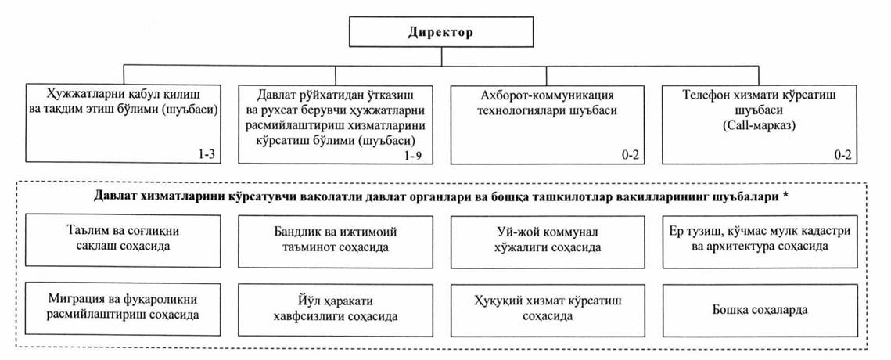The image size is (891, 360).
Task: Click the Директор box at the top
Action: (x=441, y=32)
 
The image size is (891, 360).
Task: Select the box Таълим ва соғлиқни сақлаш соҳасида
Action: (x=124, y=240)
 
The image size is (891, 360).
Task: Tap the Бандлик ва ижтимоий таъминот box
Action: (x=336, y=240)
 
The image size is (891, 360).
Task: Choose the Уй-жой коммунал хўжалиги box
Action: (x=548, y=240)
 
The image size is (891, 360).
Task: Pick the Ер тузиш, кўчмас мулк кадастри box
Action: (x=760, y=240)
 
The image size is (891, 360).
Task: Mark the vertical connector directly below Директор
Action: (x=441, y=57)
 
